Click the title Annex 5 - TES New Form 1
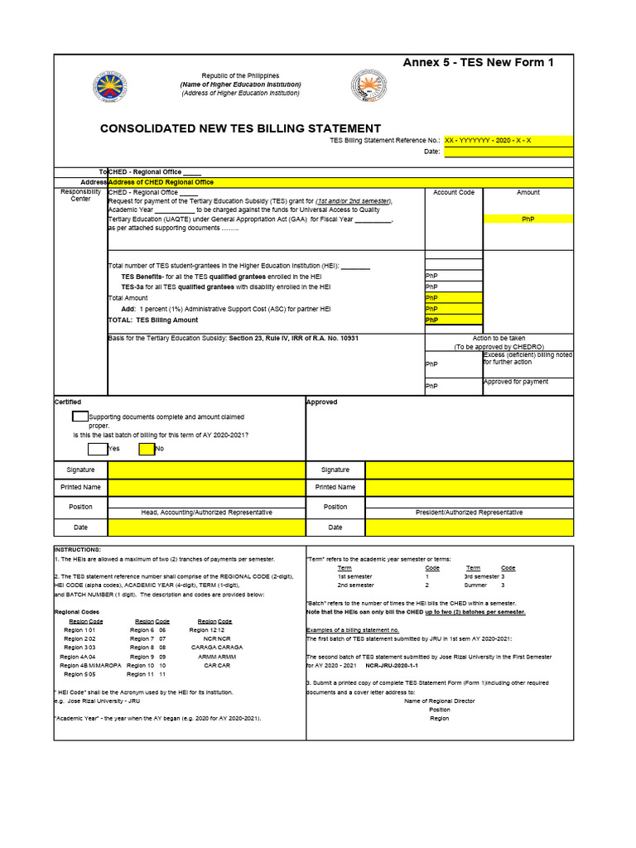coord(478,63)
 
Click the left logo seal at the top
coord(110,87)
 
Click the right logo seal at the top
coord(369,86)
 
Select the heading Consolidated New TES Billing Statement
coord(240,128)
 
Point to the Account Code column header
coord(454,192)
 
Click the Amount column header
coord(528,192)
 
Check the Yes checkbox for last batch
coord(98,449)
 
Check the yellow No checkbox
coord(147,449)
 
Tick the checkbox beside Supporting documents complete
coord(80,417)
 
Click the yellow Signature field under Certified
coord(206,470)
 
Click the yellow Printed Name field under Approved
coord(469,487)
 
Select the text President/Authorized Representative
coord(469,513)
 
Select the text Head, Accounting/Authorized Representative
coord(206,513)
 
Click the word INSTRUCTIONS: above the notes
coord(77,550)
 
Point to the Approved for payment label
coord(515,382)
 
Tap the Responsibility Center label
coord(80,195)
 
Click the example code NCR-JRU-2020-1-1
coord(393,665)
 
